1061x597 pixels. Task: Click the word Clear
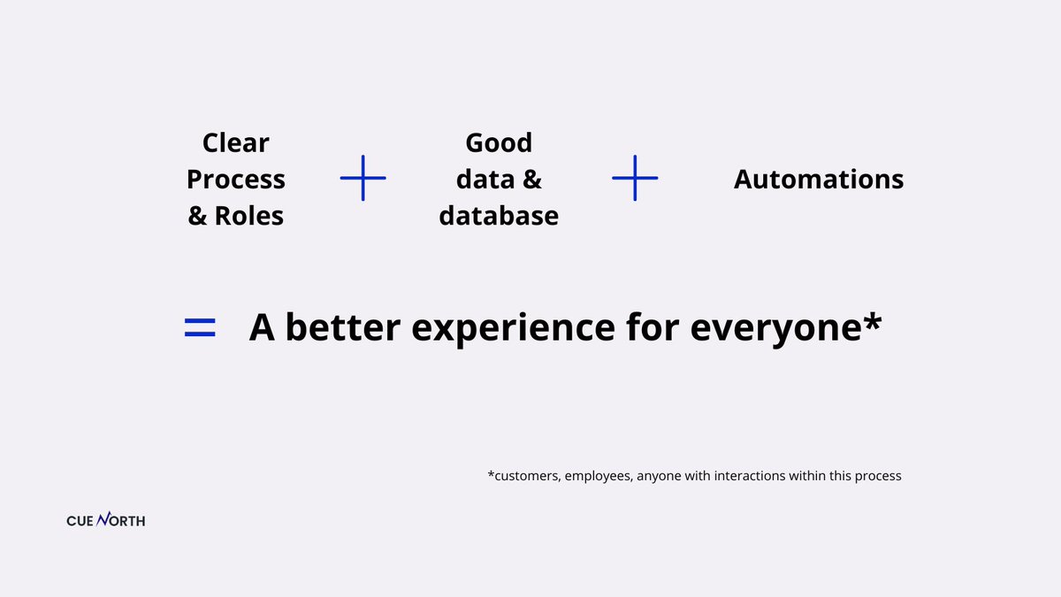point(236,142)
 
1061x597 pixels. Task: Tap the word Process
point(236,180)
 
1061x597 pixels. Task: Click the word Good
point(499,142)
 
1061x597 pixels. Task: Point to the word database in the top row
point(499,216)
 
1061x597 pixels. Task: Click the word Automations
point(819,180)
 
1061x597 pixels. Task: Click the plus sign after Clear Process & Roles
point(363,178)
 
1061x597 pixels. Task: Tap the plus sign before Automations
point(635,178)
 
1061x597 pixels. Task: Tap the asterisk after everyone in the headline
point(873,320)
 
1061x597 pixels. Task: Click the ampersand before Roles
point(197,216)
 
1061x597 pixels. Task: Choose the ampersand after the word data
point(531,180)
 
